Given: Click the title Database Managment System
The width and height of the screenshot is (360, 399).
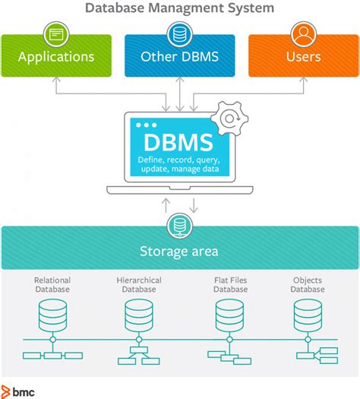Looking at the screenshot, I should (x=180, y=9).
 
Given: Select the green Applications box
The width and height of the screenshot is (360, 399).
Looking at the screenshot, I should (x=56, y=56).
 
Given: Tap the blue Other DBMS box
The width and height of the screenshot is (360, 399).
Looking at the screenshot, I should (x=180, y=56).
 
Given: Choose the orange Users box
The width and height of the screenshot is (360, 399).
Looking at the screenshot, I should (x=303, y=56).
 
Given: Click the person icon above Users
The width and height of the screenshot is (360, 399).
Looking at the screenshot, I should (x=303, y=34).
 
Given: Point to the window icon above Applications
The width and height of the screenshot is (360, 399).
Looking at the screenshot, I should (x=56, y=34).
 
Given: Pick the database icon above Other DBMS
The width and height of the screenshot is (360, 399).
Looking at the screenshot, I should (x=180, y=34).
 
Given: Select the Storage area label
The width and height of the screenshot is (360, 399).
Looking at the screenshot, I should (x=180, y=251).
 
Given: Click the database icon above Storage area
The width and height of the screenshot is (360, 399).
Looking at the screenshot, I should (x=180, y=226).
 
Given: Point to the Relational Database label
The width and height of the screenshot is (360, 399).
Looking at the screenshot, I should (x=52, y=284).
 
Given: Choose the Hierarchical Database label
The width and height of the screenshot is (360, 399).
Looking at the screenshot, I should (x=138, y=284).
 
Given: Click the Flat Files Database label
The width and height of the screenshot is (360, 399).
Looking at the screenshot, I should (x=230, y=284).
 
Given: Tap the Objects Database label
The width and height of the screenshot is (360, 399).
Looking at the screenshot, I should (x=308, y=284).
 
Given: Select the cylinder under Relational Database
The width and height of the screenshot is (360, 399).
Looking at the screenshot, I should (x=52, y=312).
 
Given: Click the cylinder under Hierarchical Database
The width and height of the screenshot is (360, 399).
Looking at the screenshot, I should (x=138, y=312).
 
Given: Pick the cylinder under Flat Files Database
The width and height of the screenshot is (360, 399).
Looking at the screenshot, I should (x=230, y=312).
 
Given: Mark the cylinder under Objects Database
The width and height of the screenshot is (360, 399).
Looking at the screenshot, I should (x=308, y=312).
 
